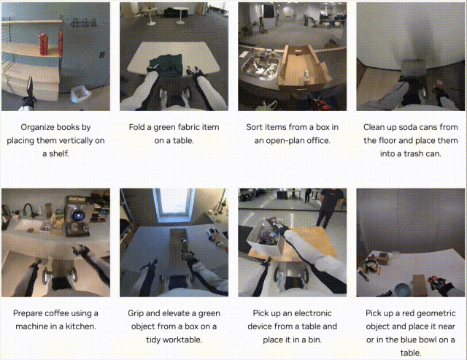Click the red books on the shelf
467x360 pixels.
click(x=44, y=44)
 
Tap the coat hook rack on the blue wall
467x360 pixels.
click(x=84, y=23)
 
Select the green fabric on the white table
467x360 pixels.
click(x=166, y=65)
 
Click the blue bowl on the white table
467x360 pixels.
click(x=402, y=289)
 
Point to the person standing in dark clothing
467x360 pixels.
click(x=329, y=207)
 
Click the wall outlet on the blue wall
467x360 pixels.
click(x=102, y=55)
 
